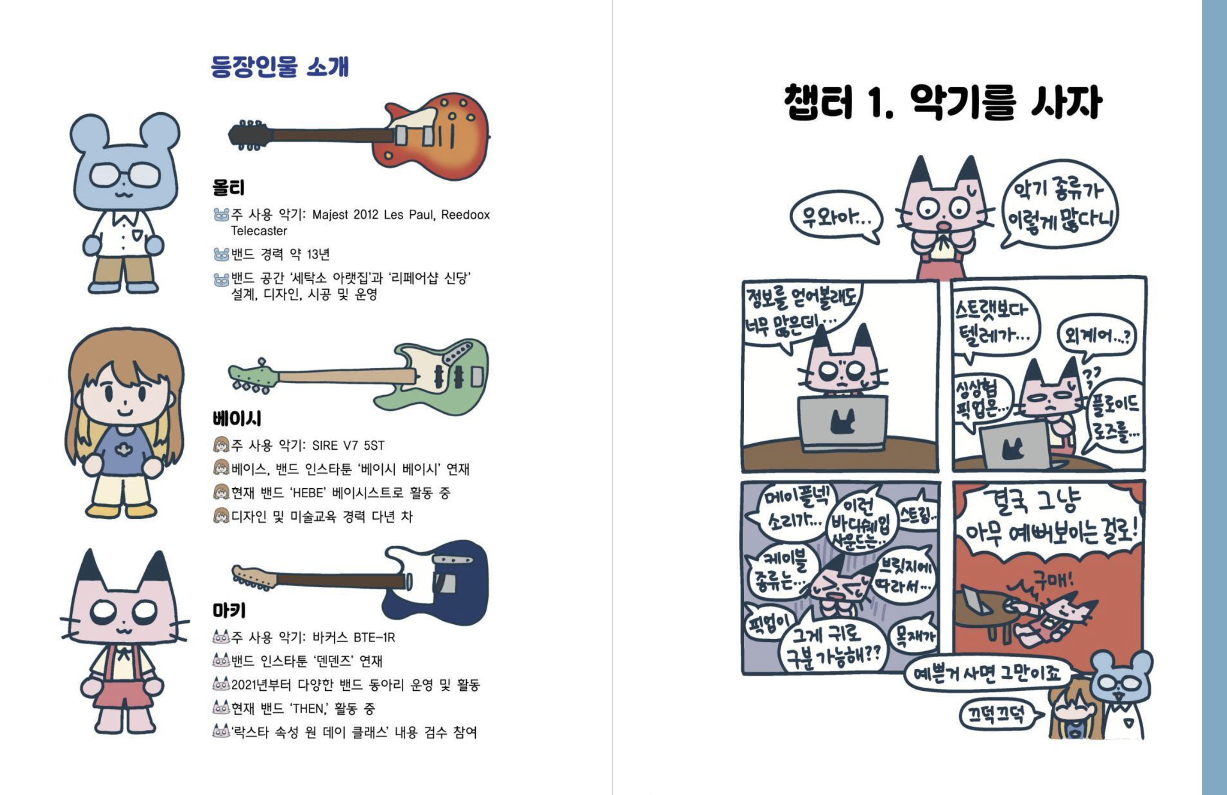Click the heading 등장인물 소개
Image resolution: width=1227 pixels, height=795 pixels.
(x=280, y=66)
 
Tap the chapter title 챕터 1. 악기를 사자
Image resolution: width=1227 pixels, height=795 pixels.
(x=942, y=102)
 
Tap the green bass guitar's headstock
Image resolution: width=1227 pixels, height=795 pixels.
(x=252, y=376)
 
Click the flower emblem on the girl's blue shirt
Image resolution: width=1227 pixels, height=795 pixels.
(x=123, y=450)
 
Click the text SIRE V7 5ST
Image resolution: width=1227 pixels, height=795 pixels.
(x=348, y=446)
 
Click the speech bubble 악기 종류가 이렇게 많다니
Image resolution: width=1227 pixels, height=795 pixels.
(x=1059, y=205)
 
